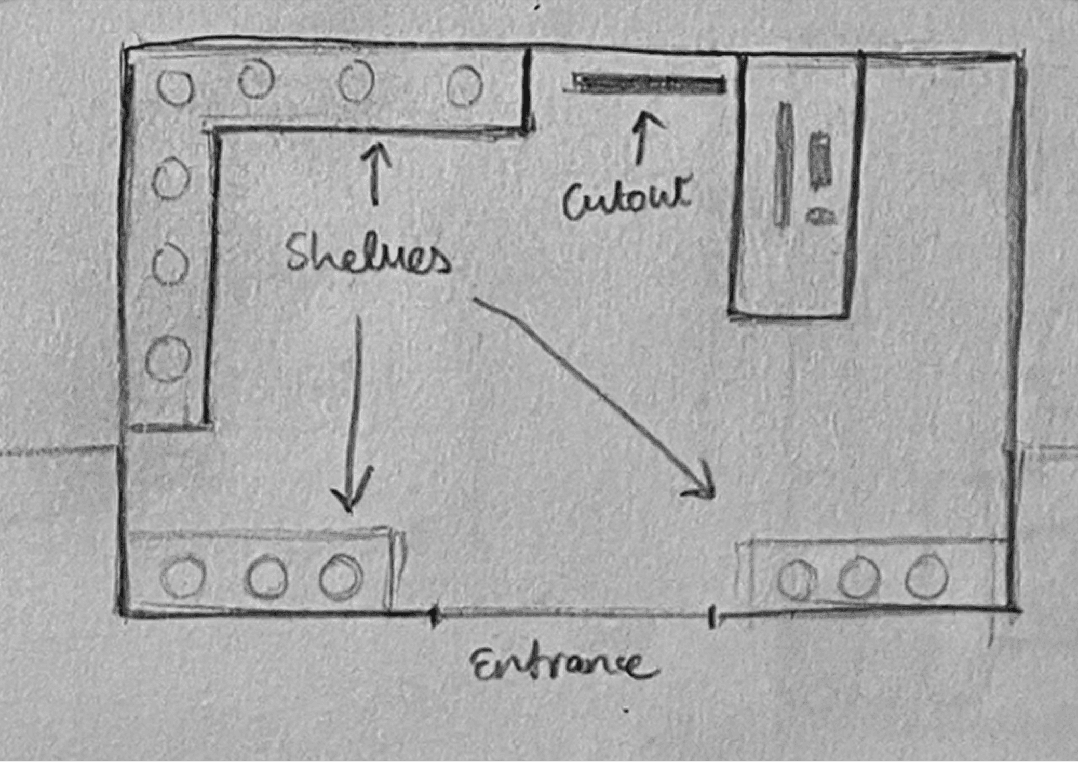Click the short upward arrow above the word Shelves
click(375, 174)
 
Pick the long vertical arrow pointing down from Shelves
click(354, 416)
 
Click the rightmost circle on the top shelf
click(465, 86)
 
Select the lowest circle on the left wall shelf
click(167, 359)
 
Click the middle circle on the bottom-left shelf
click(266, 577)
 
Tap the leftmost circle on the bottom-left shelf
click(183, 577)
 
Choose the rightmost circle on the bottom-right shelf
click(927, 576)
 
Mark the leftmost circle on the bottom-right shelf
click(797, 579)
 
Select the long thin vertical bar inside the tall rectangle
click(783, 164)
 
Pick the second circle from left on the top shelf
click(256, 79)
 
